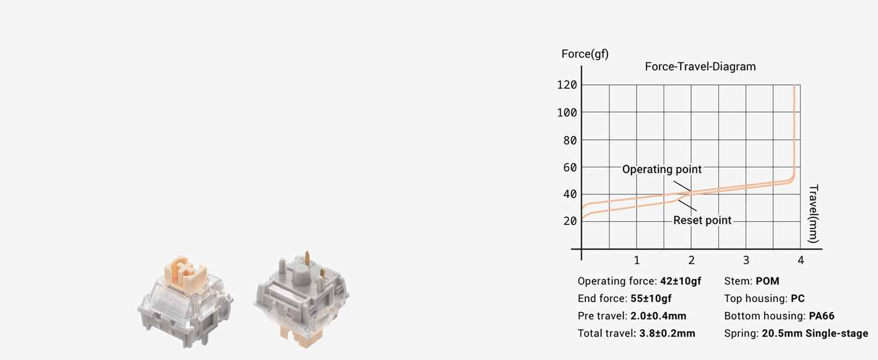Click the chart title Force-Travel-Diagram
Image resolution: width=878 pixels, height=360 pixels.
tap(700, 67)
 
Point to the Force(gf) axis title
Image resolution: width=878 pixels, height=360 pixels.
tap(585, 54)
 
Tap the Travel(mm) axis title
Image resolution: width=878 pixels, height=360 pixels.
tap(813, 214)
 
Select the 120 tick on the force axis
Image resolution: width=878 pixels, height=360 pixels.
tap(567, 85)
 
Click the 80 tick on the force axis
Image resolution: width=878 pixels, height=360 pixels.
tap(570, 140)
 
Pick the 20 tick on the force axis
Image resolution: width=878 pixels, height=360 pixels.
tap(570, 221)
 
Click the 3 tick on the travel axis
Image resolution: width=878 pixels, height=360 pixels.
tap(746, 260)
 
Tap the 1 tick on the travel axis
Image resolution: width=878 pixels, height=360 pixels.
tap(636, 260)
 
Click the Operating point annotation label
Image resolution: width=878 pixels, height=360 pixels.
tap(661, 169)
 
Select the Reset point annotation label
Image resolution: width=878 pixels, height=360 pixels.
tap(702, 220)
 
